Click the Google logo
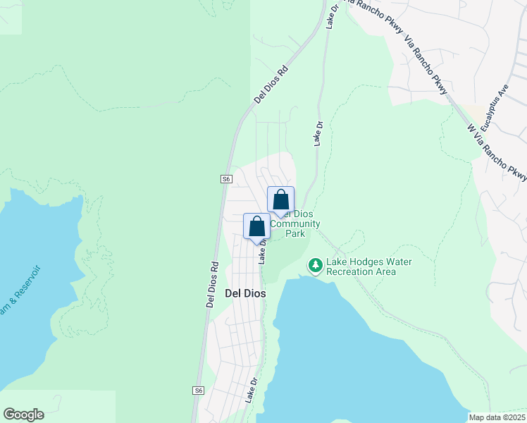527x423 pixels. point(23,415)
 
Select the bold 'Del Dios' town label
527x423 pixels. point(244,293)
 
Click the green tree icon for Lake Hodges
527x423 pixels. point(315,265)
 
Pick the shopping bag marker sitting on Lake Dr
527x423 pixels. point(256,227)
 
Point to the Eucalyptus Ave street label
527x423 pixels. point(495,109)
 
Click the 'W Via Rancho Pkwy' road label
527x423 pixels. point(497,152)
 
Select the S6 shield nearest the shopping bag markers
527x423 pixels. point(226,179)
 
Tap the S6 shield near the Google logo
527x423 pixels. point(198,390)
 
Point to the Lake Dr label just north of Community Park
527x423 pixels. point(318,133)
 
